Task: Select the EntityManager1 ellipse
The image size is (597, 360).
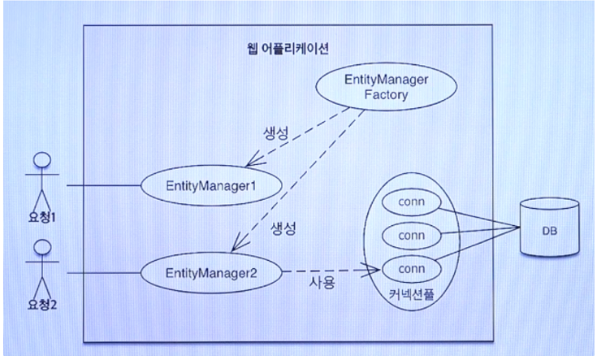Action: point(210,186)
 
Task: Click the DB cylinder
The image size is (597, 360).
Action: point(549,230)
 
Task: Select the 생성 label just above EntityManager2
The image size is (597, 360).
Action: point(277,229)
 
